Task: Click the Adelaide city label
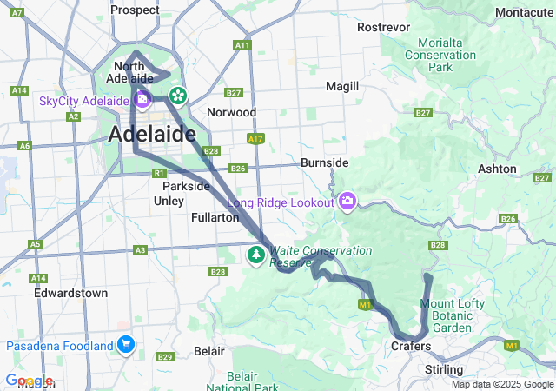(x=151, y=135)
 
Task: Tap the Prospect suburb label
(x=135, y=10)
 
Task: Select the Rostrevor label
(x=383, y=27)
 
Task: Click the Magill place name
(x=341, y=87)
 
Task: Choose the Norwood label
(x=231, y=112)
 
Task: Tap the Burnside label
(x=324, y=162)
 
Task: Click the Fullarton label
(x=215, y=218)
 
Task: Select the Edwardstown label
(x=71, y=293)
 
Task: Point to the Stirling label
(x=444, y=369)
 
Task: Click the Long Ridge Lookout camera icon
(x=347, y=202)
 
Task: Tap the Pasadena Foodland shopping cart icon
(x=127, y=345)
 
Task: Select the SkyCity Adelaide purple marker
(x=142, y=100)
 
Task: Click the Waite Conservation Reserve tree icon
(x=256, y=255)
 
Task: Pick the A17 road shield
(x=255, y=138)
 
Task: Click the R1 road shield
(x=158, y=174)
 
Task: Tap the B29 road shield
(x=165, y=357)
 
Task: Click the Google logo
(x=29, y=381)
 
